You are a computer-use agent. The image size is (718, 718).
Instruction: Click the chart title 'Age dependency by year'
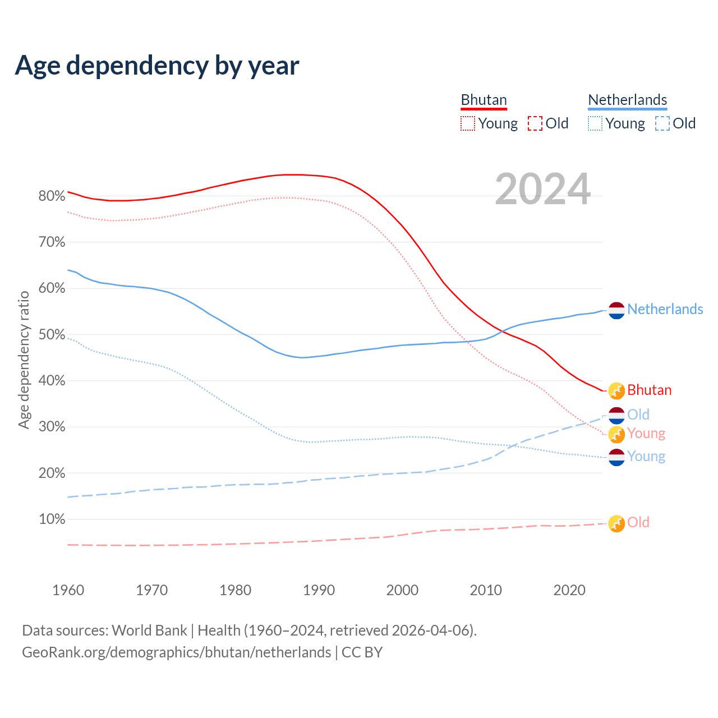(x=157, y=66)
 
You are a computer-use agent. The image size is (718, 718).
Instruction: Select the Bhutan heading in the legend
(x=484, y=100)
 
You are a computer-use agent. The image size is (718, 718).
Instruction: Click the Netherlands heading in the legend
(x=627, y=100)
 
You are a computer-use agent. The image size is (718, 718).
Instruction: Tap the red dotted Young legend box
(x=468, y=123)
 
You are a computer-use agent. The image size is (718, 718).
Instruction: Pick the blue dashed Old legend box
(x=662, y=123)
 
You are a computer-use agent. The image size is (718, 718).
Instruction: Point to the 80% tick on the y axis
(x=52, y=196)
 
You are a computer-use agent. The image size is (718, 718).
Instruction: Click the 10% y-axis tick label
(x=52, y=519)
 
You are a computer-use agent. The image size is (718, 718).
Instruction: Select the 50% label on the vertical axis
(x=52, y=335)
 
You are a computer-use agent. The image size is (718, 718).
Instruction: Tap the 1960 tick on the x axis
(x=68, y=590)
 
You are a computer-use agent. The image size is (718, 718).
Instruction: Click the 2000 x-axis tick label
(x=402, y=590)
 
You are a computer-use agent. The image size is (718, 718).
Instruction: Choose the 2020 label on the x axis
(x=569, y=590)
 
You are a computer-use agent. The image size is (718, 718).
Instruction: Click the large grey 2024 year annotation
(x=542, y=189)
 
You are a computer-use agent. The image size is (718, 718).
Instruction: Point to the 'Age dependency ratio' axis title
(x=24, y=360)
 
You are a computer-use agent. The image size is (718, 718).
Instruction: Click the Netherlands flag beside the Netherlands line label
(x=616, y=310)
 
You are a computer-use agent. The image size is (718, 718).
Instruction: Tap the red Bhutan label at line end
(x=649, y=390)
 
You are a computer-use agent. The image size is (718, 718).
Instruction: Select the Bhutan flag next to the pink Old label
(x=616, y=523)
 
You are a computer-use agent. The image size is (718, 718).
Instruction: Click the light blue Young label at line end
(x=646, y=457)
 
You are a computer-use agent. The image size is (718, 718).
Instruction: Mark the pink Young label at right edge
(x=646, y=434)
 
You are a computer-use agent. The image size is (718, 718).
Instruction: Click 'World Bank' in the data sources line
(x=149, y=630)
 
